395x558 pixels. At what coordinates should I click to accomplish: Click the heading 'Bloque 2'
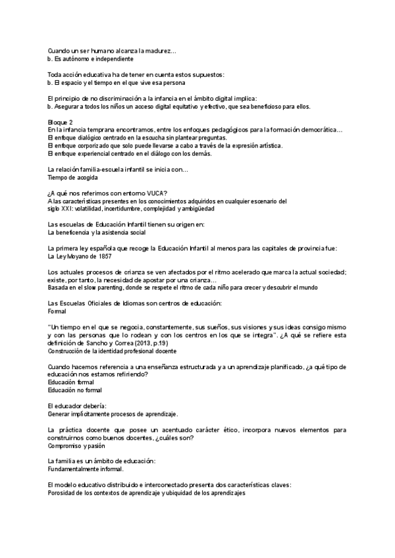(61, 122)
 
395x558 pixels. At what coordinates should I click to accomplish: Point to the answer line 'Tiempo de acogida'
(73, 178)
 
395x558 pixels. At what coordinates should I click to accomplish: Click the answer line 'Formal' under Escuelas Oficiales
(58, 311)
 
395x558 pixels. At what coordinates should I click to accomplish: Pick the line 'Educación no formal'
(76, 390)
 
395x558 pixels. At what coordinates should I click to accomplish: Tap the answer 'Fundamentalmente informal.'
(86, 469)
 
